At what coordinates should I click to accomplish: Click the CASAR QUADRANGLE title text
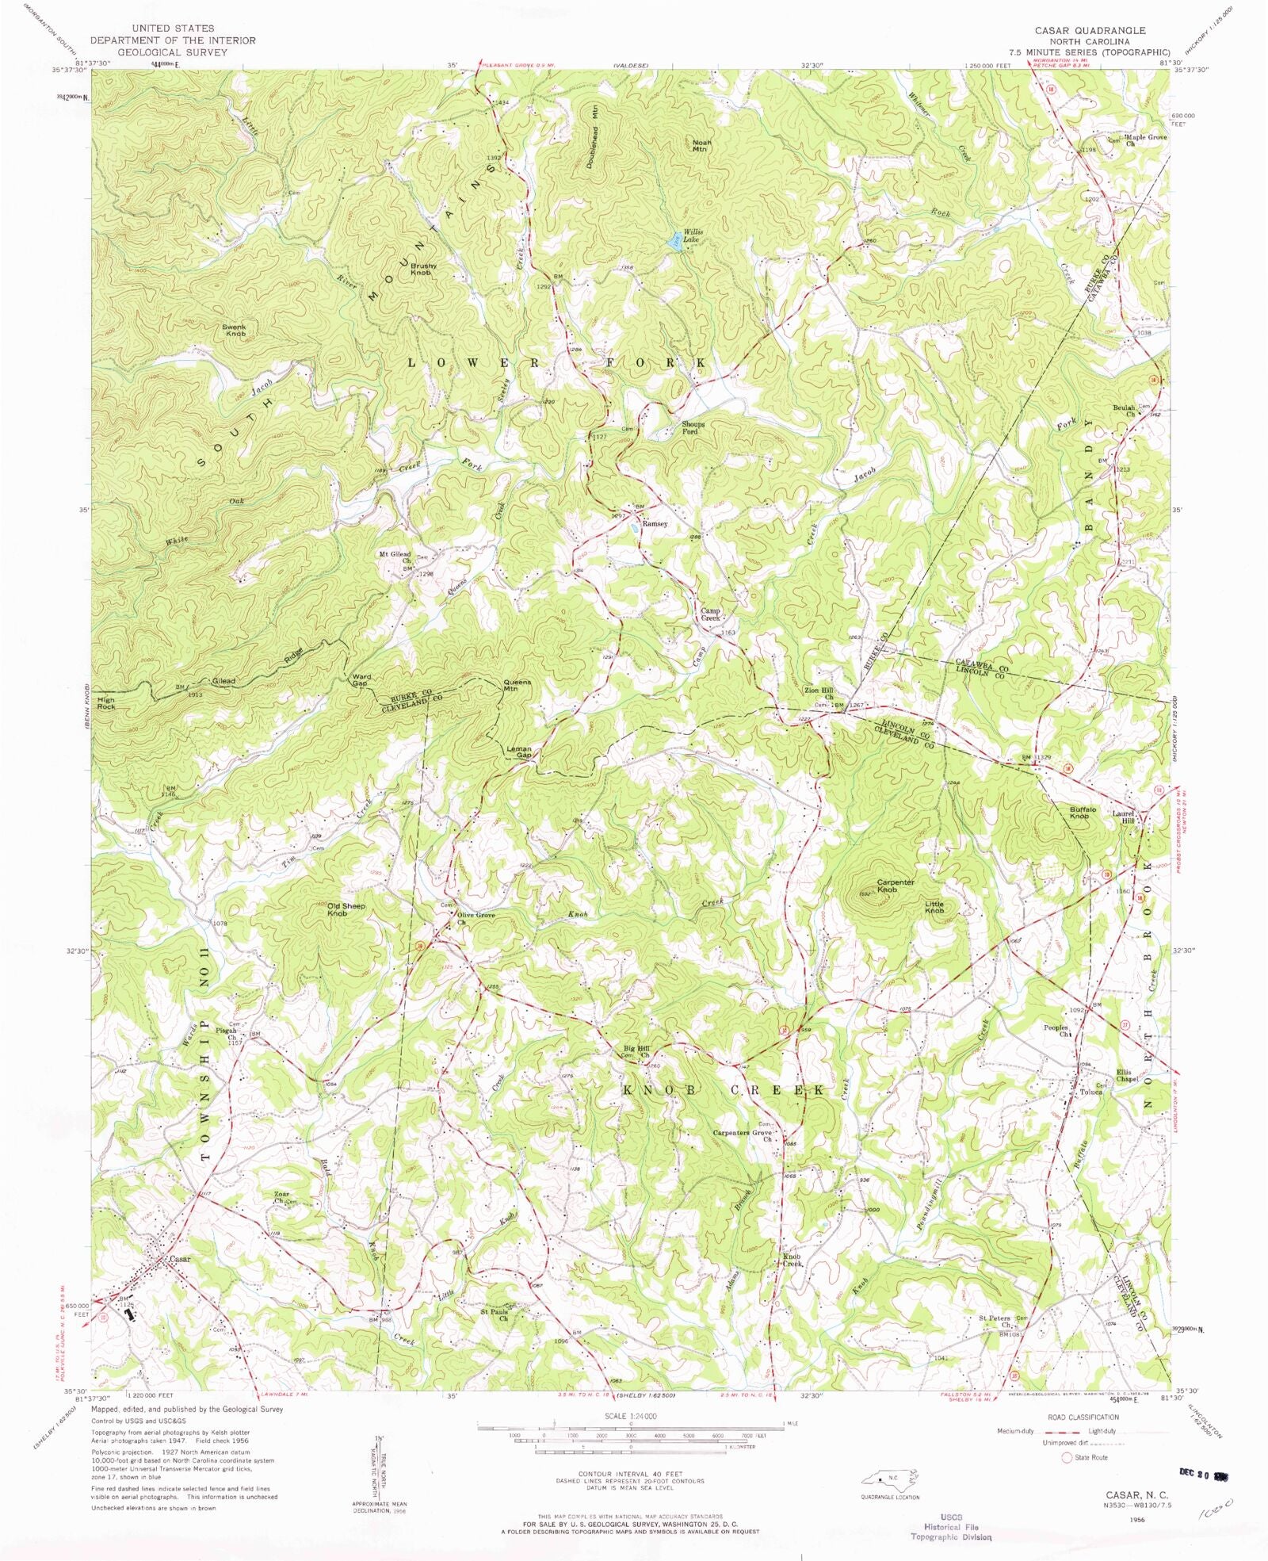[1089, 30]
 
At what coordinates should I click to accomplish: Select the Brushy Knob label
[421, 269]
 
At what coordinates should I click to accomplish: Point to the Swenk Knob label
[235, 330]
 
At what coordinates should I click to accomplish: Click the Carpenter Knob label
[895, 886]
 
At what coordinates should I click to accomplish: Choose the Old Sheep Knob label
[346, 909]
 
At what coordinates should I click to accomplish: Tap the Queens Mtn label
[517, 686]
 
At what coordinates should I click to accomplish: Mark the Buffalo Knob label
[1083, 813]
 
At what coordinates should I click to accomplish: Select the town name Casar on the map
[180, 1259]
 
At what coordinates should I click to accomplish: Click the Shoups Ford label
[693, 428]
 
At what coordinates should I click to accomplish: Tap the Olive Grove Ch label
[475, 918]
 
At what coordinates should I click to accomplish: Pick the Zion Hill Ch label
[819, 694]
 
